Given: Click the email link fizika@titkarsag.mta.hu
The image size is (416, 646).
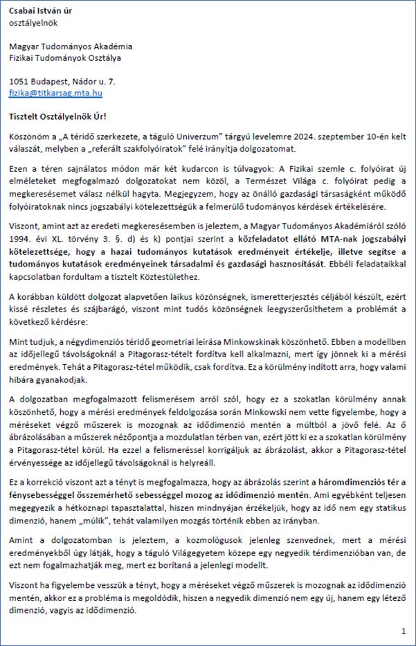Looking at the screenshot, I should coord(55,91).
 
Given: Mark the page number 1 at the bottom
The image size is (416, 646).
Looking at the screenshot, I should coord(403,631).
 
